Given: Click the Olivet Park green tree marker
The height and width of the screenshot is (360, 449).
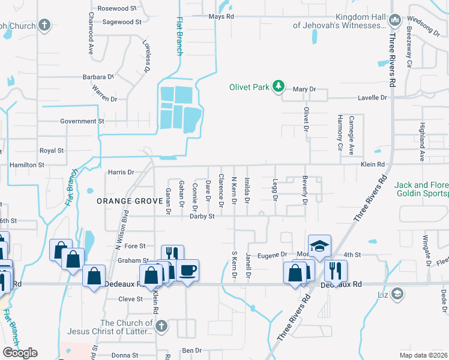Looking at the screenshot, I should coord(278,87).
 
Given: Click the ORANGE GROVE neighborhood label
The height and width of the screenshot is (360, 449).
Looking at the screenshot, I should coord(123,202).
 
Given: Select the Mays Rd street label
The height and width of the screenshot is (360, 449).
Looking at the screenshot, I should coord(221,17).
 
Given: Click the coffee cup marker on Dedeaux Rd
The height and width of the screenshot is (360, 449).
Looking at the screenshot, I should coord(187,271).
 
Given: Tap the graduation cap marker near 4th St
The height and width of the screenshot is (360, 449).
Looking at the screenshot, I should coord(319,245).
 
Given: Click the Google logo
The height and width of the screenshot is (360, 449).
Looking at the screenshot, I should coord(20,353).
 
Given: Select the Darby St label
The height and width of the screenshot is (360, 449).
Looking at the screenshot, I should coord(202,216).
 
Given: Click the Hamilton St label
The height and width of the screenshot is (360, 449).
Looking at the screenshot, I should coord(26,164).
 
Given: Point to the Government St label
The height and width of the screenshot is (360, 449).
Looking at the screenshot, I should coord(82,121).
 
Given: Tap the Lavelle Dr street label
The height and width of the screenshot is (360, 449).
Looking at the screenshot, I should coord(372,97).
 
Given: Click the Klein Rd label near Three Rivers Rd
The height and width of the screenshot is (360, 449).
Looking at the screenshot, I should coord(372,164).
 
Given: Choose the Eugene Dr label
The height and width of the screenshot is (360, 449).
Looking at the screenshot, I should coord(270,255).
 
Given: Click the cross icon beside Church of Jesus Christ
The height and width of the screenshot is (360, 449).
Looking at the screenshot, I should coord(160,326).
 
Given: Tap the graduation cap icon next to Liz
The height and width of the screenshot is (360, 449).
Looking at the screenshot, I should coord(396,293).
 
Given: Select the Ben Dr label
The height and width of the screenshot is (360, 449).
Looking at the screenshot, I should coord(191,350).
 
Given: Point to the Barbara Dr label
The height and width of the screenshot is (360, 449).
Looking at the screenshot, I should coord(98,77).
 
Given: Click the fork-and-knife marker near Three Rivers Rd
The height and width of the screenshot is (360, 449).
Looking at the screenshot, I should coord(336,271).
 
